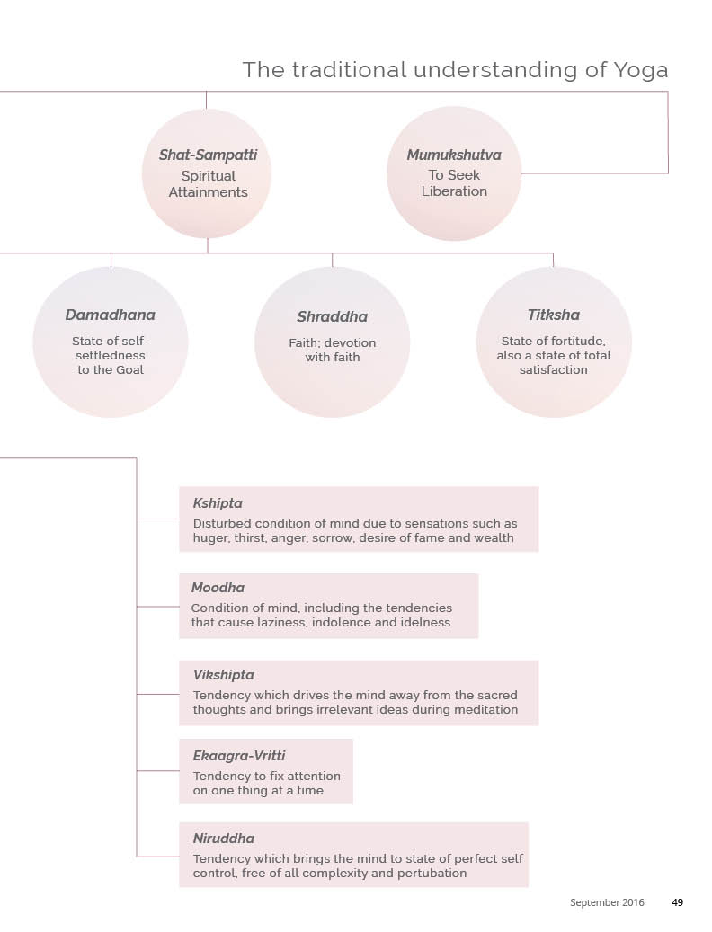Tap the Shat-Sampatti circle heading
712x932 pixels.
[208, 155]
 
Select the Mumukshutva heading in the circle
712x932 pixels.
[454, 155]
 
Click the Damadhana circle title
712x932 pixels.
[110, 315]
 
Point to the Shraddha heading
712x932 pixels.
[332, 317]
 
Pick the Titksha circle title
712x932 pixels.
[553, 315]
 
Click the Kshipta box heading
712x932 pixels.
[218, 503]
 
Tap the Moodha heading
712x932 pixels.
[218, 589]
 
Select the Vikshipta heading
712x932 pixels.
[223, 675]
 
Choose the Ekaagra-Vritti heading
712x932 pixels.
[239, 756]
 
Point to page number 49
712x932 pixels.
[678, 902]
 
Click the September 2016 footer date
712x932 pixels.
[607, 902]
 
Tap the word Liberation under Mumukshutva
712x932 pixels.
[454, 191]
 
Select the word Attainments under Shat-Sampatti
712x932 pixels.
[208, 192]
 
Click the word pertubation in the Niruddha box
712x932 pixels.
[427, 874]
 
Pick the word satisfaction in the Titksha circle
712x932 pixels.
[553, 370]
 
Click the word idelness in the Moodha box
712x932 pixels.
[423, 623]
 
